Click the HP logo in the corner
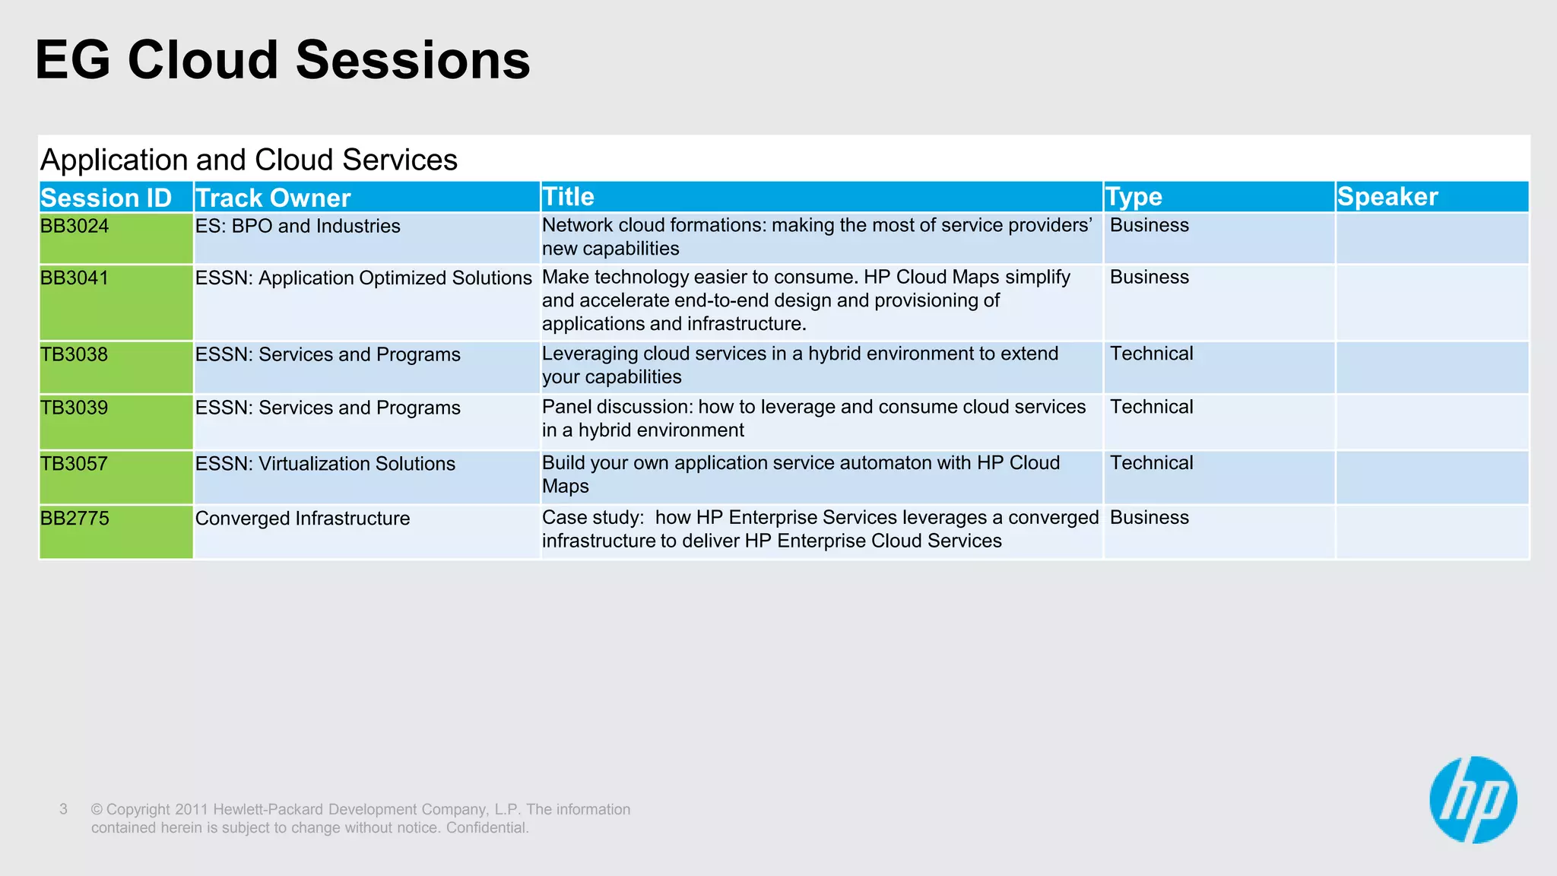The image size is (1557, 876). (1473, 799)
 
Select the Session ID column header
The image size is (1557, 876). (106, 198)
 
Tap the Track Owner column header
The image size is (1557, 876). (273, 198)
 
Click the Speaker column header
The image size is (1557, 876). (1387, 197)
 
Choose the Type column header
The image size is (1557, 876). (1134, 197)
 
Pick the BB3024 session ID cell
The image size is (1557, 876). (75, 226)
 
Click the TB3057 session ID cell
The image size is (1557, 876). (74, 464)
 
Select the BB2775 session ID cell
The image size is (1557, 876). (75, 519)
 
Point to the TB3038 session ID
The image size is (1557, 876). (74, 354)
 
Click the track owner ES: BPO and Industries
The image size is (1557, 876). (297, 226)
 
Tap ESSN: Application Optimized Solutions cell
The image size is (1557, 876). (363, 278)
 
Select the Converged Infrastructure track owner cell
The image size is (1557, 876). (303, 519)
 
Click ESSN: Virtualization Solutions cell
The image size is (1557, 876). (325, 464)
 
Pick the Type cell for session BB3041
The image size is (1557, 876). (1149, 278)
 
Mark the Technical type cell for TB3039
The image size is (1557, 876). (1151, 407)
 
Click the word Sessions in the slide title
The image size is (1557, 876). (413, 60)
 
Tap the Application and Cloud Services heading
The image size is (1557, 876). (249, 160)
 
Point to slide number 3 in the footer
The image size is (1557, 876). (64, 809)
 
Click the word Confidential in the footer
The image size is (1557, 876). (487, 827)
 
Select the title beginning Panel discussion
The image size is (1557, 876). (813, 418)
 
